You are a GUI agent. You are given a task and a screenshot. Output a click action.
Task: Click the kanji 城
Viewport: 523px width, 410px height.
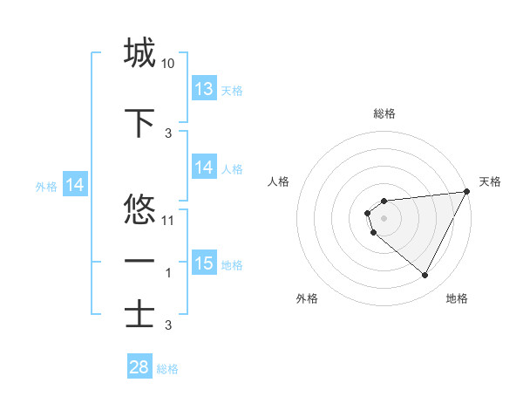click(140, 53)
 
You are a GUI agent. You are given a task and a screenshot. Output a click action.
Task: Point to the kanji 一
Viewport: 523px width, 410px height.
click(140, 262)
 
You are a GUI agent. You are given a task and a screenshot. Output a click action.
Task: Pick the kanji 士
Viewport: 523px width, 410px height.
click(140, 314)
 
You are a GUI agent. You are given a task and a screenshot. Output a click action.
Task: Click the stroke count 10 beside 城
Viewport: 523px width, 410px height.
click(168, 64)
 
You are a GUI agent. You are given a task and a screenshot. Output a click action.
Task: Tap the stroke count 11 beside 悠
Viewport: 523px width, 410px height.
click(168, 220)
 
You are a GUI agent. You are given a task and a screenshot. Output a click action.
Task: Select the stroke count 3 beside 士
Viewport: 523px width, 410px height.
click(168, 325)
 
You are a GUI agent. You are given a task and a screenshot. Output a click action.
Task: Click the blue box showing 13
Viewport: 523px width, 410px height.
click(204, 89)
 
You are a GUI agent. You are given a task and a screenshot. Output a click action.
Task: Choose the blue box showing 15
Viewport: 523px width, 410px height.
click(204, 263)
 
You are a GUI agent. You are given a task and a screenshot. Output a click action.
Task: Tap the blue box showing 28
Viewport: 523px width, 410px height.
click(139, 367)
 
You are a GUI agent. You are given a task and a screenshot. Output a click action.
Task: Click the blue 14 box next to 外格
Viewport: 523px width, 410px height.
click(75, 185)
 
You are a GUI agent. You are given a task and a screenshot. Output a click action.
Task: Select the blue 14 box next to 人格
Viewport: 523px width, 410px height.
click(204, 167)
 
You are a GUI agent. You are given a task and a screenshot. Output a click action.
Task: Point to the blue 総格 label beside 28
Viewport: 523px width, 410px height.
click(167, 369)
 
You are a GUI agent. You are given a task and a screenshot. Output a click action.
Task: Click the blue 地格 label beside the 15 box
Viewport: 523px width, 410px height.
click(232, 264)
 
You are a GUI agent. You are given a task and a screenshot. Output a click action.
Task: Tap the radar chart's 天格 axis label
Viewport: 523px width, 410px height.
click(491, 181)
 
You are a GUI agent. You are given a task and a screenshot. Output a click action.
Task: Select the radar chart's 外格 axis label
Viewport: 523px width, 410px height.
click(307, 298)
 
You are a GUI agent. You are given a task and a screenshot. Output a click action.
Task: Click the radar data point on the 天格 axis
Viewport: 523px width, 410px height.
click(466, 191)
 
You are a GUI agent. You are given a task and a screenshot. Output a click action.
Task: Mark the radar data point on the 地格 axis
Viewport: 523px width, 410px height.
click(425, 276)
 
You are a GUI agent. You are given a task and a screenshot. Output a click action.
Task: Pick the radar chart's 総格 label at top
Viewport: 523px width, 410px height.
click(384, 113)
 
